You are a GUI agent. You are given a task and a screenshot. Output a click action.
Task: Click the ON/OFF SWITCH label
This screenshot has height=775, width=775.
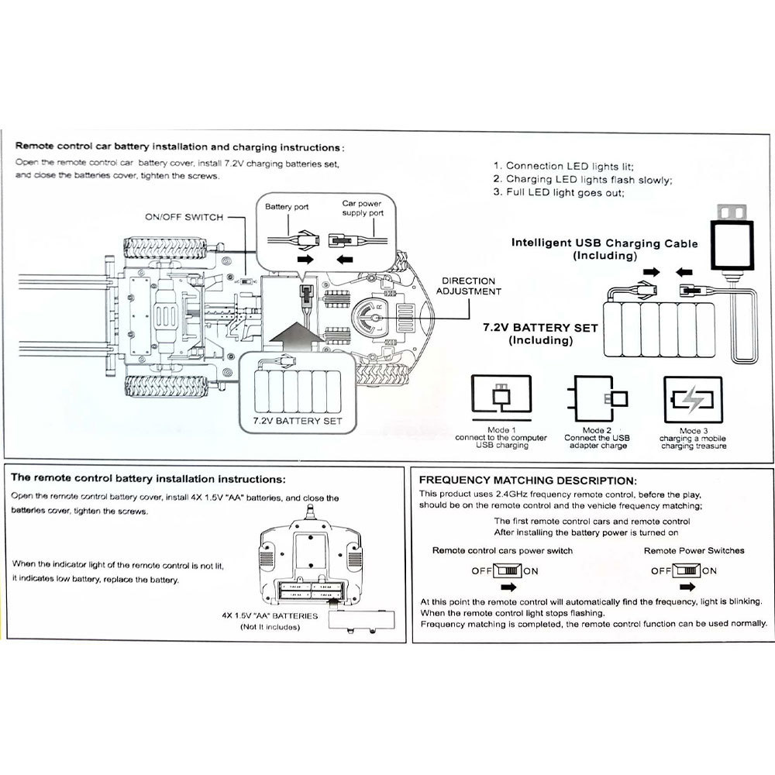coord(184,217)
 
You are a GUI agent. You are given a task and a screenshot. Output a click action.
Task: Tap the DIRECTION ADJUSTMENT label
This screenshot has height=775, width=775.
coord(468,286)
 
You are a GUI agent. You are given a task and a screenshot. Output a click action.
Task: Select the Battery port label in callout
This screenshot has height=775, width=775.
coord(287,208)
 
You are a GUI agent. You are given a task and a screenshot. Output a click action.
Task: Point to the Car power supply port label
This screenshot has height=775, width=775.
coord(362,208)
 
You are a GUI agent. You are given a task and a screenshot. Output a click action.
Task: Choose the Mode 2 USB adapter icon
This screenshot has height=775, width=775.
coord(598,401)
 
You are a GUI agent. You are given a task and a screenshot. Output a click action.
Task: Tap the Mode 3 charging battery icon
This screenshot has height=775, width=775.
coord(692,401)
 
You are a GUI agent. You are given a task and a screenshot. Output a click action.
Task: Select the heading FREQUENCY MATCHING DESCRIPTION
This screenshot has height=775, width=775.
coord(528,480)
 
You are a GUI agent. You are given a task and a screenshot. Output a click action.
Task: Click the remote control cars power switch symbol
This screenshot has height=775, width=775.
coord(507,571)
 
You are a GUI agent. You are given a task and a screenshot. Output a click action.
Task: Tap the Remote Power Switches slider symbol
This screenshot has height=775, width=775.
coord(686,571)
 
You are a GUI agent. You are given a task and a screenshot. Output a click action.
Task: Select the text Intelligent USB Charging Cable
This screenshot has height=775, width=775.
coord(604,243)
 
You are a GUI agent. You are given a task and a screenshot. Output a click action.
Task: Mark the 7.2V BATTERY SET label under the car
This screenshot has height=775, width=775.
coord(297,422)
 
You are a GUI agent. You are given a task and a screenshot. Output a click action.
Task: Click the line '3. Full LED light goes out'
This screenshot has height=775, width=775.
coord(559,193)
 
